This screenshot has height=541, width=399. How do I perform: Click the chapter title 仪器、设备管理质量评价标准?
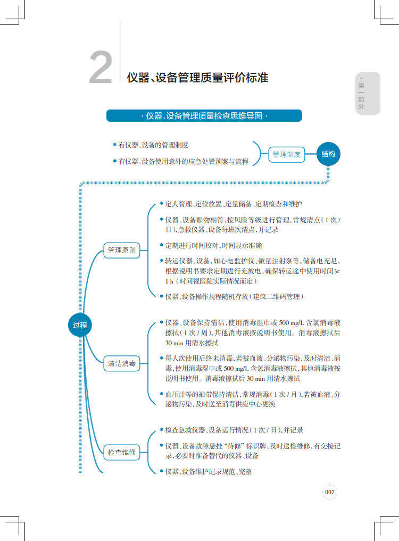(x=197, y=78)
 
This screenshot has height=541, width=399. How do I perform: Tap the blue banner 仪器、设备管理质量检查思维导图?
(x=204, y=115)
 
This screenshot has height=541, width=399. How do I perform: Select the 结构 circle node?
(x=328, y=154)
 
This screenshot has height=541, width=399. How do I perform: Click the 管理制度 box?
(x=287, y=155)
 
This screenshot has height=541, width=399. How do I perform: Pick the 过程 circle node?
(x=80, y=324)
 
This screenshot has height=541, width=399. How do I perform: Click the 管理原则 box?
(x=122, y=250)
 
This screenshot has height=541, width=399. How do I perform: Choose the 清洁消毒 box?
(x=122, y=364)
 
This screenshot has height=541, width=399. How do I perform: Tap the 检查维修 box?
(x=122, y=453)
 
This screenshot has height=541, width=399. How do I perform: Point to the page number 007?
(x=330, y=492)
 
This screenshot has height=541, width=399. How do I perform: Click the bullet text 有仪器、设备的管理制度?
(x=153, y=145)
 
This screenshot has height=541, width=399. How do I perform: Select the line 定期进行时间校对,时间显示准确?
(x=213, y=246)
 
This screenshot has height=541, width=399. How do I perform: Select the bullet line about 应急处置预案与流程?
(x=183, y=161)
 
